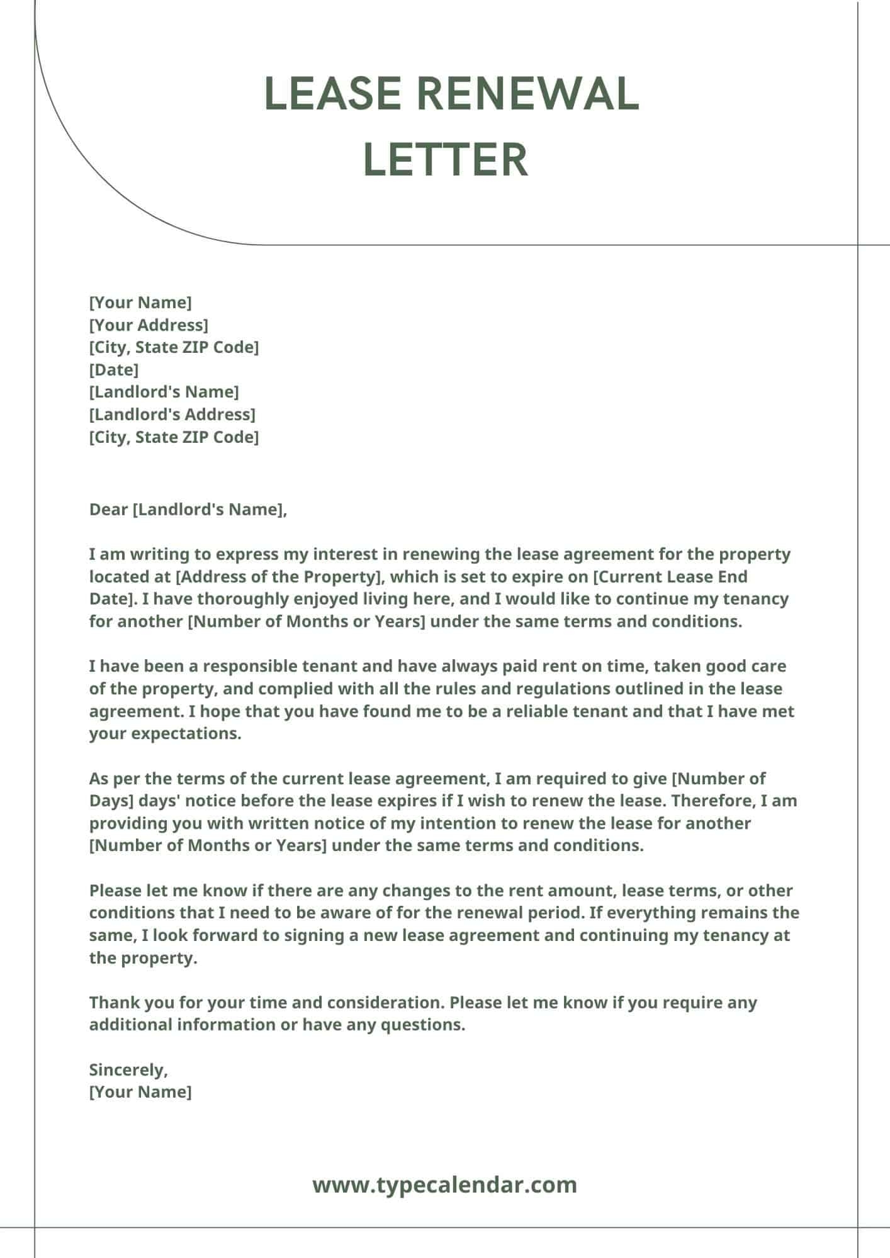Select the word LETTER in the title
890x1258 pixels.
446,159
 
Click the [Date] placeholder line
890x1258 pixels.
114,369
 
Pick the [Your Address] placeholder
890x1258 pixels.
149,325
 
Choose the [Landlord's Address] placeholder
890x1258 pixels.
172,415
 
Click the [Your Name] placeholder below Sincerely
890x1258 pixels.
140,1091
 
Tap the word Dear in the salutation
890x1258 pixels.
108,509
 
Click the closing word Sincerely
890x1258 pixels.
128,1069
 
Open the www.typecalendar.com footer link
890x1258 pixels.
444,1185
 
